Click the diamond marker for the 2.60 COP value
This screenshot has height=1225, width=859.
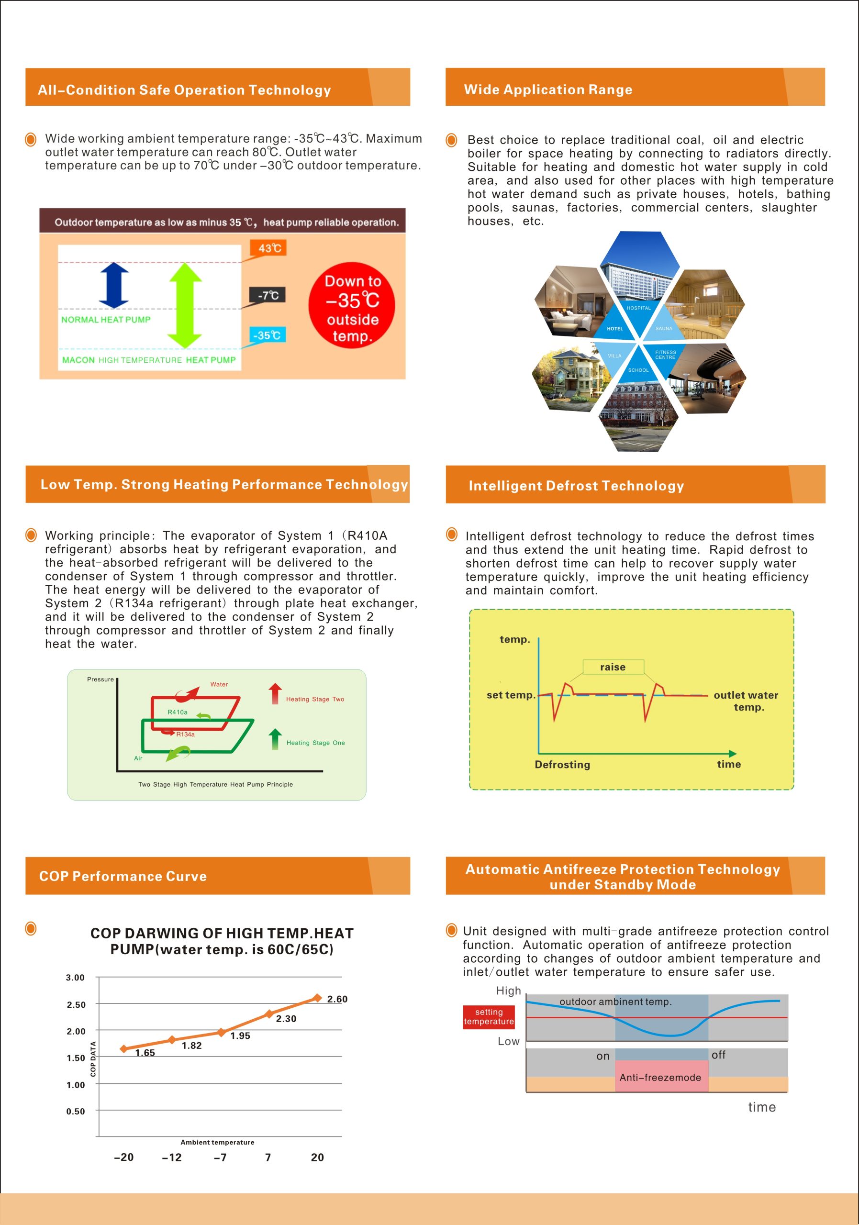[x=317, y=998]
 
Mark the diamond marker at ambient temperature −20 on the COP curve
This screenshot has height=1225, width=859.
[x=124, y=1048]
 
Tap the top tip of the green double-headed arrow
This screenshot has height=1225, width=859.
[x=186, y=263]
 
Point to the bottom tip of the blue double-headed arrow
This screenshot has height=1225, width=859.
[x=114, y=308]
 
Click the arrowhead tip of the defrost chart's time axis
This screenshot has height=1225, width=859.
[x=737, y=753]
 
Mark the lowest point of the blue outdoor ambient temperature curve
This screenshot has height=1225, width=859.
[x=673, y=1036]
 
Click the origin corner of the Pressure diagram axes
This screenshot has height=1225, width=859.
[x=117, y=770]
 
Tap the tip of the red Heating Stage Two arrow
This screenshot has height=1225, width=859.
[x=275, y=683]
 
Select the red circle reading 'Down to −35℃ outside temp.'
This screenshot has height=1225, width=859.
[x=352, y=305]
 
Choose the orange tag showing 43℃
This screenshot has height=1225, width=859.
[x=268, y=248]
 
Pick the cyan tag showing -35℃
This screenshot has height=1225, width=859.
[x=268, y=335]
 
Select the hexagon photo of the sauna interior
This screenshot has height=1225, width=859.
[x=704, y=304]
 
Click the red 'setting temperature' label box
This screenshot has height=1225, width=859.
[x=489, y=1016]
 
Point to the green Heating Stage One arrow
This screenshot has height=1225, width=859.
[x=275, y=739]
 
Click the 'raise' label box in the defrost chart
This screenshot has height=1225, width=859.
[x=614, y=667]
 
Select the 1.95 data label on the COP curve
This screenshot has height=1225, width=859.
[x=240, y=1036]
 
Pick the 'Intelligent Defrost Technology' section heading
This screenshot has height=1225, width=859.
[x=576, y=486]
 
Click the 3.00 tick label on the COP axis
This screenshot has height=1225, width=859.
[x=75, y=978]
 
